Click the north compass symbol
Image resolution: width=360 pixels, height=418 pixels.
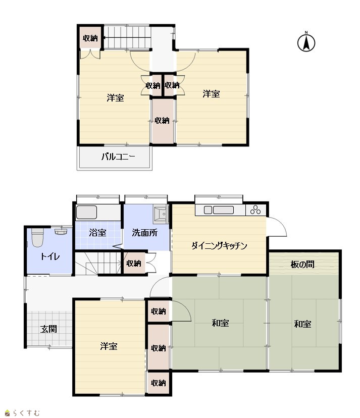point(306,42)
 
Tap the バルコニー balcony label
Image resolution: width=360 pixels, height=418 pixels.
point(118,156)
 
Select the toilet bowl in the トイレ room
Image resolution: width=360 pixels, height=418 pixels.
point(37,237)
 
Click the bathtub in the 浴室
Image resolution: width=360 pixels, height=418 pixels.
point(87,213)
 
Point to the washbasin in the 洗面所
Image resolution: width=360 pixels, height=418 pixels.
point(161,214)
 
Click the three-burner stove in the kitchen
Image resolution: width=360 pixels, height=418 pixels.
point(255,210)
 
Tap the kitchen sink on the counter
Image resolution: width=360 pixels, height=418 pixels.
point(219,210)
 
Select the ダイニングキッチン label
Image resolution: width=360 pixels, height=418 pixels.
point(219,245)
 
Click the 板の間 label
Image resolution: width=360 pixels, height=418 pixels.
point(302,264)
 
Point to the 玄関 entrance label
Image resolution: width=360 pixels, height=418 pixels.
point(49,329)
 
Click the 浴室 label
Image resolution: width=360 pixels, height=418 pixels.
point(97,233)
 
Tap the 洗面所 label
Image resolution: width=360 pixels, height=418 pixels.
point(144,233)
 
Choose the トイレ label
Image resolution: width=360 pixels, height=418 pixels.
point(50,256)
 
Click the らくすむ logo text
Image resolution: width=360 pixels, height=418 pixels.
point(26,413)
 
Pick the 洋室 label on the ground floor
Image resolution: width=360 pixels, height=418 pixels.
point(109,346)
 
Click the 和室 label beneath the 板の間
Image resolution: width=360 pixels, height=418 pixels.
point(302,324)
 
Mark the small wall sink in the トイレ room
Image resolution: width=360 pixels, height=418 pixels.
point(61,231)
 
